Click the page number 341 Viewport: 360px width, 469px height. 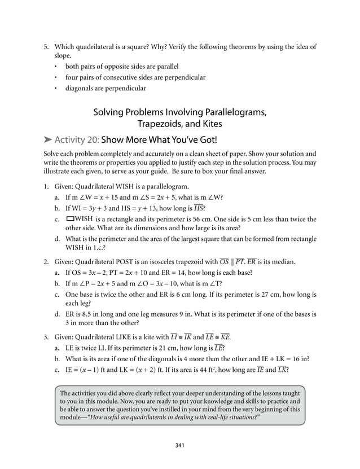(x=180, y=445)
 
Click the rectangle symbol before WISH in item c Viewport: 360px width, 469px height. (x=71, y=218)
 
